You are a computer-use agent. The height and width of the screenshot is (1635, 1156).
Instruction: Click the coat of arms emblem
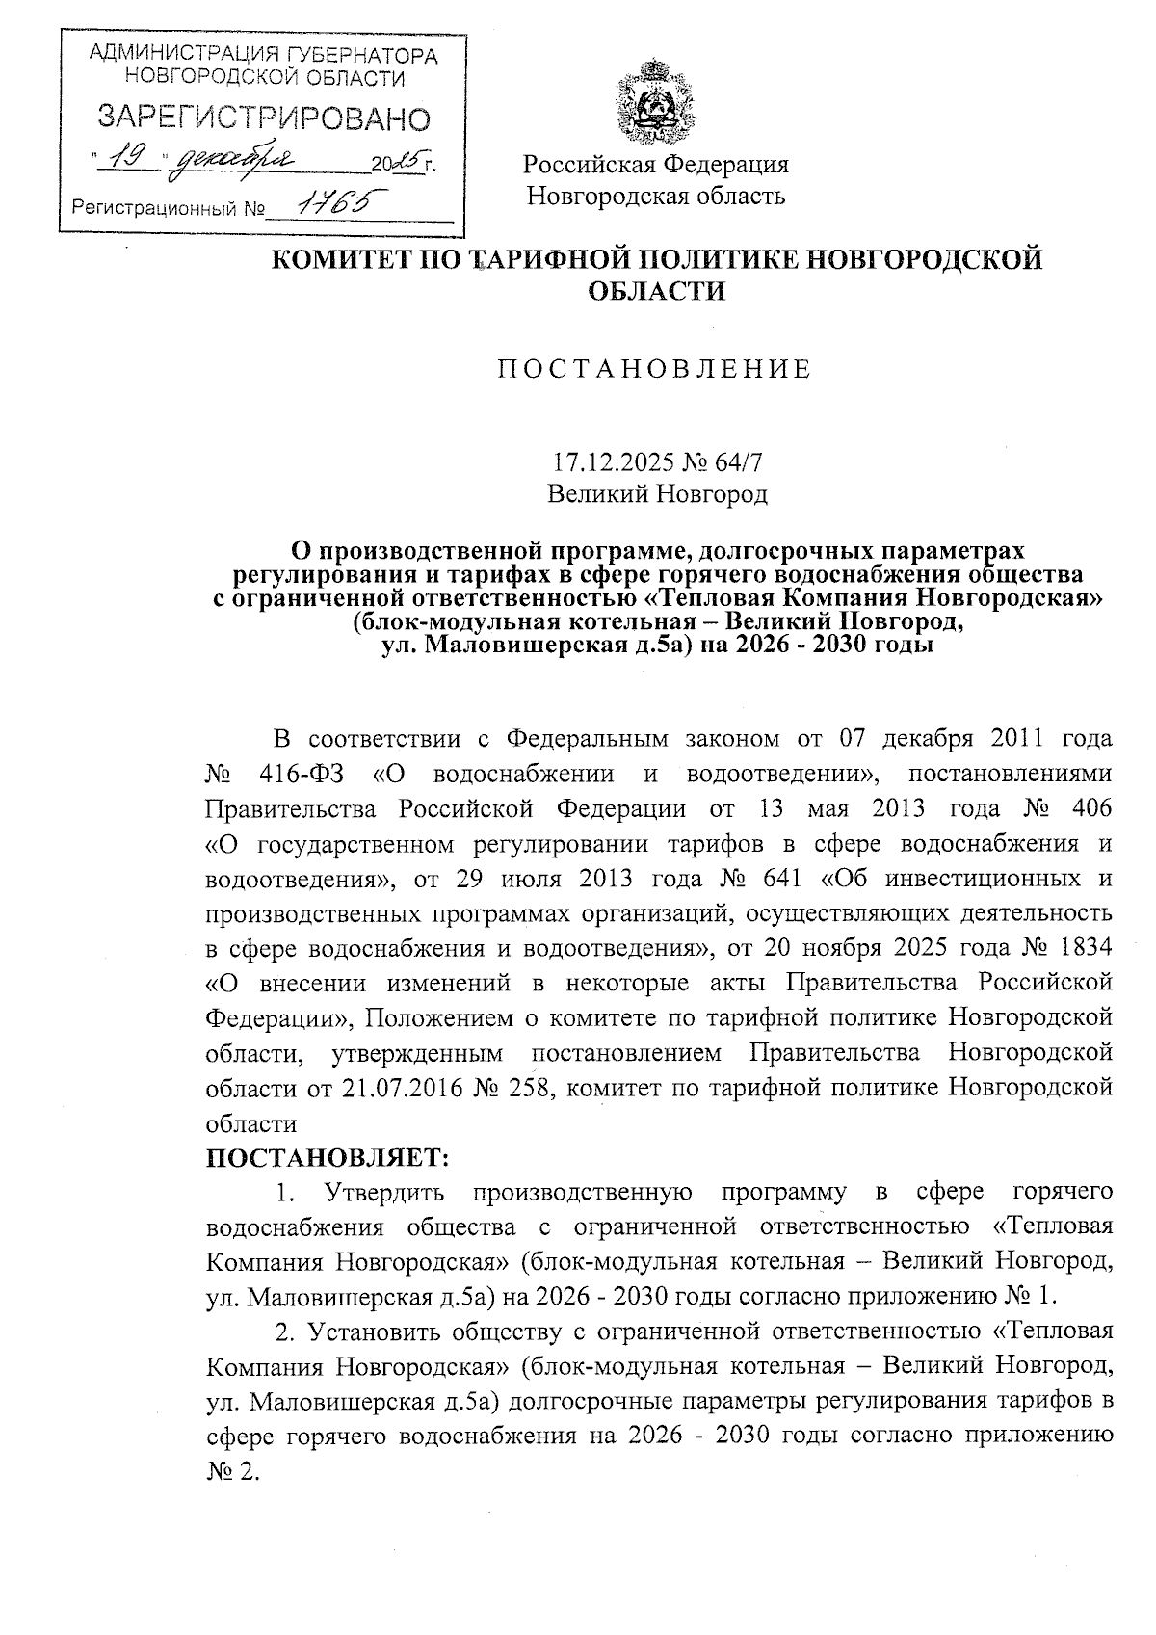[x=655, y=100]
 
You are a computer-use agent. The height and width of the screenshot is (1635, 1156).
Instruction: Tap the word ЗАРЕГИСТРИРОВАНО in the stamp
[x=264, y=119]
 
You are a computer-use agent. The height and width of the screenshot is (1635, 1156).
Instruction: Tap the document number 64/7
[x=741, y=462]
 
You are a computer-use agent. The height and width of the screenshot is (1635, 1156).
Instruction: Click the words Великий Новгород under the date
[x=657, y=494]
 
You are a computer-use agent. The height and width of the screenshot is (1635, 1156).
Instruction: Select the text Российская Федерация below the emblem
[x=656, y=164]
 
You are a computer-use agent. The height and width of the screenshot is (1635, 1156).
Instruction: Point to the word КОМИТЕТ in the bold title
[x=333, y=260]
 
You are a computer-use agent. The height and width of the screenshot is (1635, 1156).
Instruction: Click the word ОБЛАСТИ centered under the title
[x=656, y=290]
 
